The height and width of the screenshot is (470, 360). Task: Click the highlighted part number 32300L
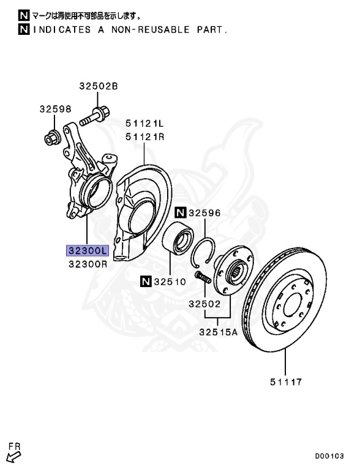click(88, 250)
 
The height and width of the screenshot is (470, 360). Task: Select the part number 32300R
click(88, 264)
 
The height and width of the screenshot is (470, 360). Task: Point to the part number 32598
click(56, 110)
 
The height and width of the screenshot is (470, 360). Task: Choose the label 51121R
click(146, 137)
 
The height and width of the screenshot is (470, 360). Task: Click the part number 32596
click(204, 213)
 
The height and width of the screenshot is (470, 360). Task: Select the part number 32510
click(170, 282)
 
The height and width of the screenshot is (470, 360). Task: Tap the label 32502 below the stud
click(204, 304)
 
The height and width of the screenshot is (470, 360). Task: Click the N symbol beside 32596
click(180, 213)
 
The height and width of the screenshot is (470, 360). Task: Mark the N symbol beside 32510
click(146, 282)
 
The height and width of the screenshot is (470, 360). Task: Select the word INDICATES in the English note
click(61, 29)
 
